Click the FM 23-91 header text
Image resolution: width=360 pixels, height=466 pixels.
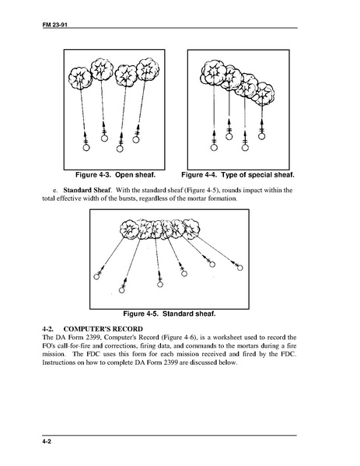55,25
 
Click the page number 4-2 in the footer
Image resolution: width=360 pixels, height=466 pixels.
47,442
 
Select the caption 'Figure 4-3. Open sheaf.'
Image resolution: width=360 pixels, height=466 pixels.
115,175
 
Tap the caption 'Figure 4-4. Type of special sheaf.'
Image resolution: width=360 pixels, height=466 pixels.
238,175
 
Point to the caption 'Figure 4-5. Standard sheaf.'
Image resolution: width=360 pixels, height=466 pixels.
170,314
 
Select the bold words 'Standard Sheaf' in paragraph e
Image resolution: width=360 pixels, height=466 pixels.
87,190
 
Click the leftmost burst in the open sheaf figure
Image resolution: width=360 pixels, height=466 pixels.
79,78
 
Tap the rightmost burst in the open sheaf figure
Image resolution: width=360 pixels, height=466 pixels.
147,69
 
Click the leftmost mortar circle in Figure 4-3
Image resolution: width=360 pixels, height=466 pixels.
86,147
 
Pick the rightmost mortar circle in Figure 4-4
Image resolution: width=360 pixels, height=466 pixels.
261,136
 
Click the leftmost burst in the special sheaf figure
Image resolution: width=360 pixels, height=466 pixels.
213,72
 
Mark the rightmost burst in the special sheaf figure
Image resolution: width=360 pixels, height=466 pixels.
264,93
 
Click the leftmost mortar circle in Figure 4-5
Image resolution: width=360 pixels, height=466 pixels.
96,277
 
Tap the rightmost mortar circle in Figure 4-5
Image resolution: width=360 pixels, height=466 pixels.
240,268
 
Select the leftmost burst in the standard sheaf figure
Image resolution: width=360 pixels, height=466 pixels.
129,229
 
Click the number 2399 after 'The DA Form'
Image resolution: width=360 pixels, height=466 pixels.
93,338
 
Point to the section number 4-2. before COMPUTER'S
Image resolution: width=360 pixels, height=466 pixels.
48,329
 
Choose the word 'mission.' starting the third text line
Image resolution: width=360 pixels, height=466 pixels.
53,354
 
